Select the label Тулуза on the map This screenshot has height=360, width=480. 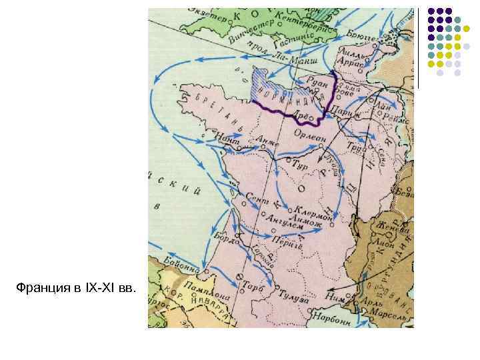pyautogui.click(x=294, y=299)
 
